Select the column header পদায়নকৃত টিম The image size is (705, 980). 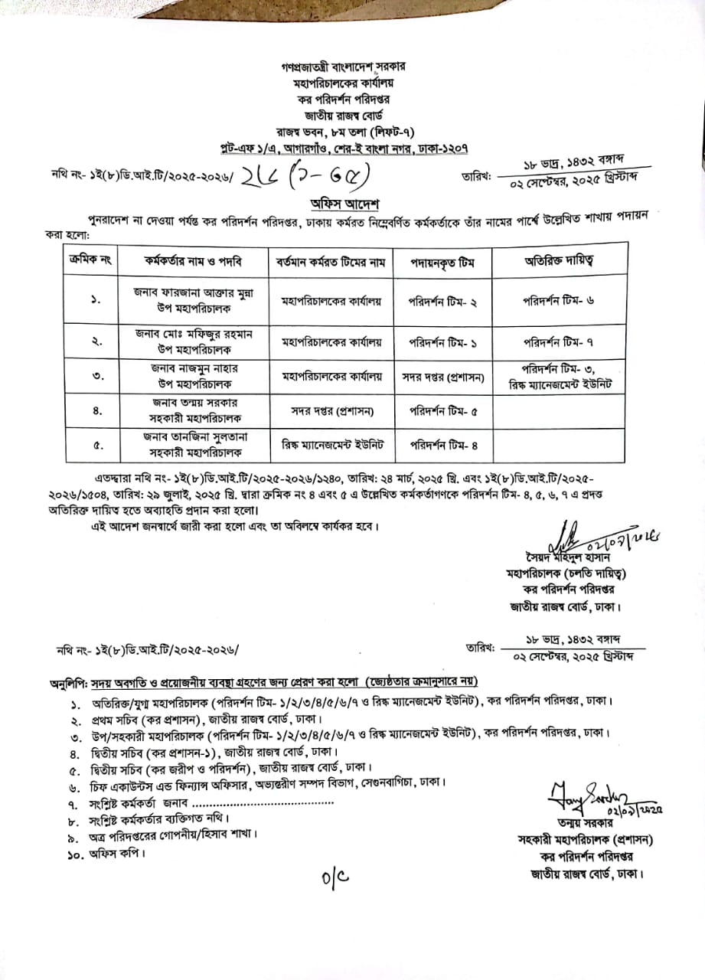tap(442, 262)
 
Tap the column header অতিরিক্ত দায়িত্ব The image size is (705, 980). tap(558, 261)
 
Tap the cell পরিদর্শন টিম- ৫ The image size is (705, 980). tap(442, 410)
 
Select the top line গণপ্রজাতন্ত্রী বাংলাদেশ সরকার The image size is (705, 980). tap(352, 68)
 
